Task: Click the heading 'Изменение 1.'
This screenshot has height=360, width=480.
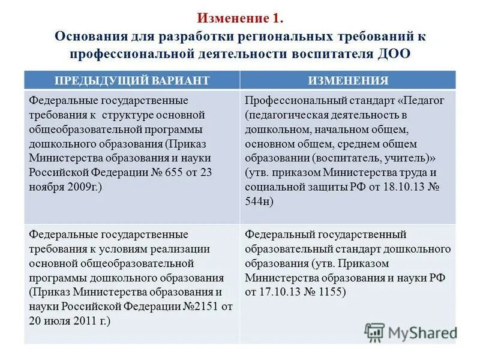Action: point(240,19)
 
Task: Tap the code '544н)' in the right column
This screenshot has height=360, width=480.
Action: point(259,201)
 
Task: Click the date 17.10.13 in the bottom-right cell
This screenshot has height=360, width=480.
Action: point(279,292)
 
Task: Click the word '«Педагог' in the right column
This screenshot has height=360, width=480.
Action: point(424,100)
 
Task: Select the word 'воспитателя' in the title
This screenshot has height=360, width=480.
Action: point(328,53)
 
